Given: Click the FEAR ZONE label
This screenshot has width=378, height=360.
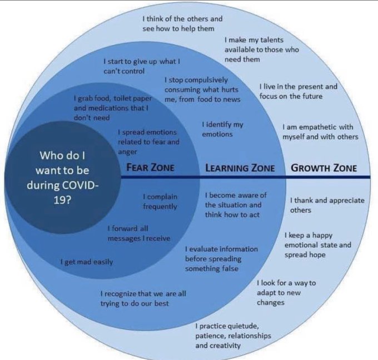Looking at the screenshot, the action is point(150,167).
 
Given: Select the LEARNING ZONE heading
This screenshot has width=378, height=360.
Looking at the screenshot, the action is point(240,168).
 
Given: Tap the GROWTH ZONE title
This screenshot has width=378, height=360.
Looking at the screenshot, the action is point(324,168).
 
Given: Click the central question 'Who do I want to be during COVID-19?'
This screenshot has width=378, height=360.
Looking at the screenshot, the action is point(63,178).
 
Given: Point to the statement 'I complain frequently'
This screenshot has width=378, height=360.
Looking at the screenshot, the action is point(160,202).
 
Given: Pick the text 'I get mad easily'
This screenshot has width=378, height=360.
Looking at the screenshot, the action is point(87,262).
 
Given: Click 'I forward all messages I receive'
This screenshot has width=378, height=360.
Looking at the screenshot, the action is point(139,233).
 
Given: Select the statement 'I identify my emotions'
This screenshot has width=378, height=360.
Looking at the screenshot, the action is point(222,129).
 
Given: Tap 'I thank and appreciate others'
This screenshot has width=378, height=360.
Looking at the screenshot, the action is point(327,205).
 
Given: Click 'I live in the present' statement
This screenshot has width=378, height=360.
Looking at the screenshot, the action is point(299,91).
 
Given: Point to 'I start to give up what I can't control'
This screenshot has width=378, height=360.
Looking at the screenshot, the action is point(142,66).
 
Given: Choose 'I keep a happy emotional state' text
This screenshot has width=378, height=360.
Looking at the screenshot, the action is point(318,245).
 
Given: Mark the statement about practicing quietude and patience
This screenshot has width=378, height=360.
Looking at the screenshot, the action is point(233,336).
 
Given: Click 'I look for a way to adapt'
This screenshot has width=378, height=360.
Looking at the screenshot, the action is point(286,293).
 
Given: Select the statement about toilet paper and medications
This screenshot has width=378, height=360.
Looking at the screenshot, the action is point(113,108).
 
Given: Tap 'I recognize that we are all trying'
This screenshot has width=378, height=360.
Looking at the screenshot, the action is point(143,298).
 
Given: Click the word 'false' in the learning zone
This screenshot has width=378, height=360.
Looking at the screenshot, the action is point(229,268).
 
